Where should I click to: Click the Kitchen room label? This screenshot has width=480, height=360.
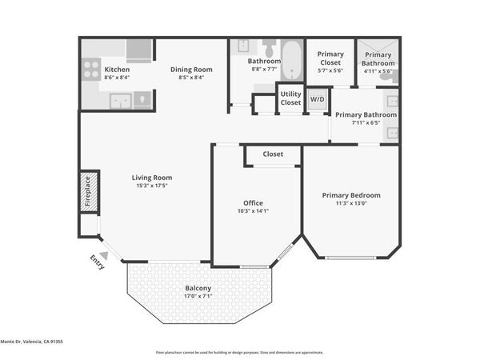tap(117, 70)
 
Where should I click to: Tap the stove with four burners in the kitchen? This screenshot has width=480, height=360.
tap(90, 69)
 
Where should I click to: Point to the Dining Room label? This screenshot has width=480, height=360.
tap(191, 70)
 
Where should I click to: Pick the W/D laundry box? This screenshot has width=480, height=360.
tap(318, 100)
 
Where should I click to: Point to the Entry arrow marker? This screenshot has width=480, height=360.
tap(103, 255)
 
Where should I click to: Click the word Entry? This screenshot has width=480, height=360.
tap(97, 262)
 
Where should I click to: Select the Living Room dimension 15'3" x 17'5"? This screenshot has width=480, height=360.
tap(152, 186)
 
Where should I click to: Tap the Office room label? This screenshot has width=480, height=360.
tap(253, 203)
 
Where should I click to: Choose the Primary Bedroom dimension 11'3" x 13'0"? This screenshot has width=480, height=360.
tap(351, 203)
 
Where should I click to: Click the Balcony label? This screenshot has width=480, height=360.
tap(198, 288)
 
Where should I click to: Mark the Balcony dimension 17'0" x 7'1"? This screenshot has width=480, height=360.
tap(198, 296)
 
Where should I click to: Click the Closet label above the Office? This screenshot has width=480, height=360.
tap(273, 154)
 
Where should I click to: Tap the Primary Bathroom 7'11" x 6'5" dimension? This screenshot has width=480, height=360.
tap(366, 122)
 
